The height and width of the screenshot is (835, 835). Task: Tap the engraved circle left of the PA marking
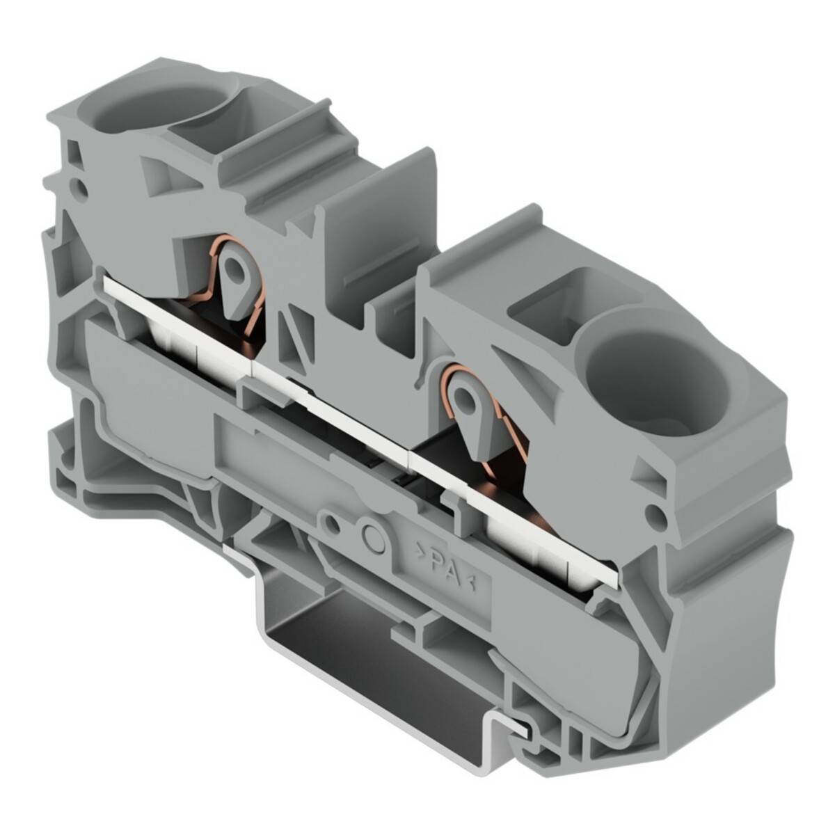point(374,534)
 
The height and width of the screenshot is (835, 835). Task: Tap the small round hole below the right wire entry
point(653,514)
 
